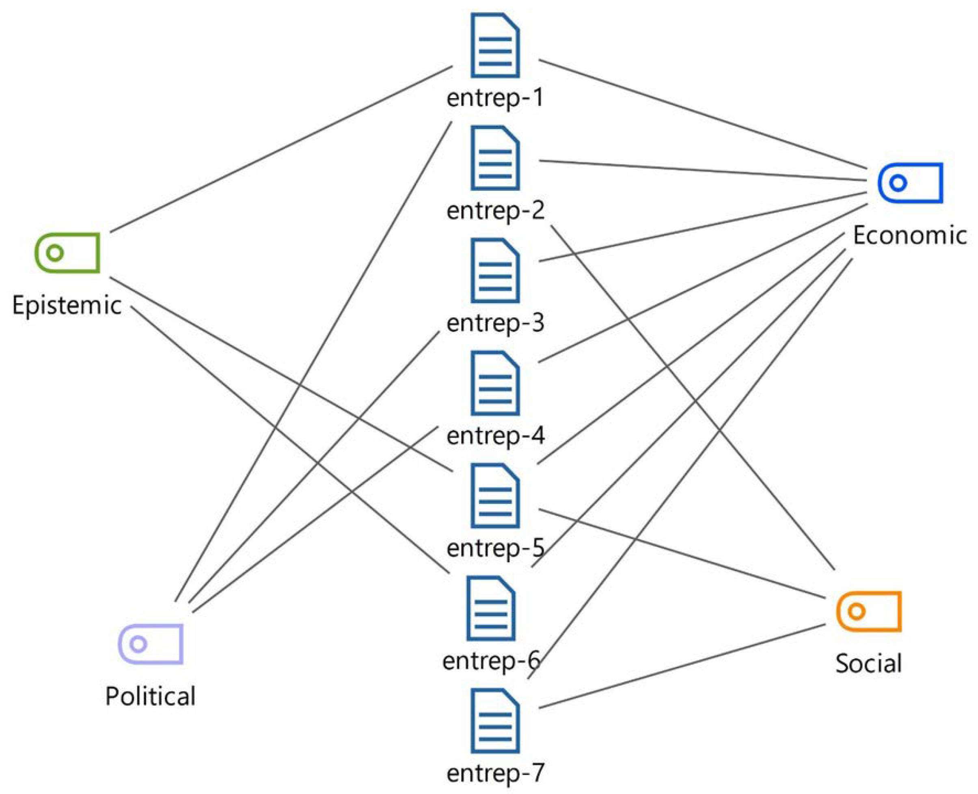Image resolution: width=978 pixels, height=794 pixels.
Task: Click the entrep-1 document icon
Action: [x=495, y=45]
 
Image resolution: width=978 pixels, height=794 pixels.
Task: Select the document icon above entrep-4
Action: [x=495, y=383]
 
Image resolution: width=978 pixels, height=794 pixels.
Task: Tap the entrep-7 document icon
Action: [x=495, y=721]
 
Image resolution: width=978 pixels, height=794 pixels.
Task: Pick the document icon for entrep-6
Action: [x=491, y=608]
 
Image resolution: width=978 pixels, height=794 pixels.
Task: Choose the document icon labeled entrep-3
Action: [x=495, y=270]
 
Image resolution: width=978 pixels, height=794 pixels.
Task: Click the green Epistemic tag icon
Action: [x=67, y=253]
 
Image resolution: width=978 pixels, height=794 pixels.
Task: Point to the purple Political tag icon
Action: [x=151, y=643]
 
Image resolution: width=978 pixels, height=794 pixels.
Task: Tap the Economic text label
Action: [x=910, y=235]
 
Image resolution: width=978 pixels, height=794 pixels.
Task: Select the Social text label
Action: [x=869, y=664]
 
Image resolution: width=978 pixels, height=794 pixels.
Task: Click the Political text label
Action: [x=151, y=696]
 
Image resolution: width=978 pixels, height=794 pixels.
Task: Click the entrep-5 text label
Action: [x=495, y=548]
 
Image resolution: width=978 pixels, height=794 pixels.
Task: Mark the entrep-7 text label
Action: [x=495, y=773]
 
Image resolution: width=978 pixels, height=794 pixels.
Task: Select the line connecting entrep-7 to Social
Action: [x=682, y=666]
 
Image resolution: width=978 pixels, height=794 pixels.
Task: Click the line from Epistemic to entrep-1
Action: [x=281, y=149]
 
